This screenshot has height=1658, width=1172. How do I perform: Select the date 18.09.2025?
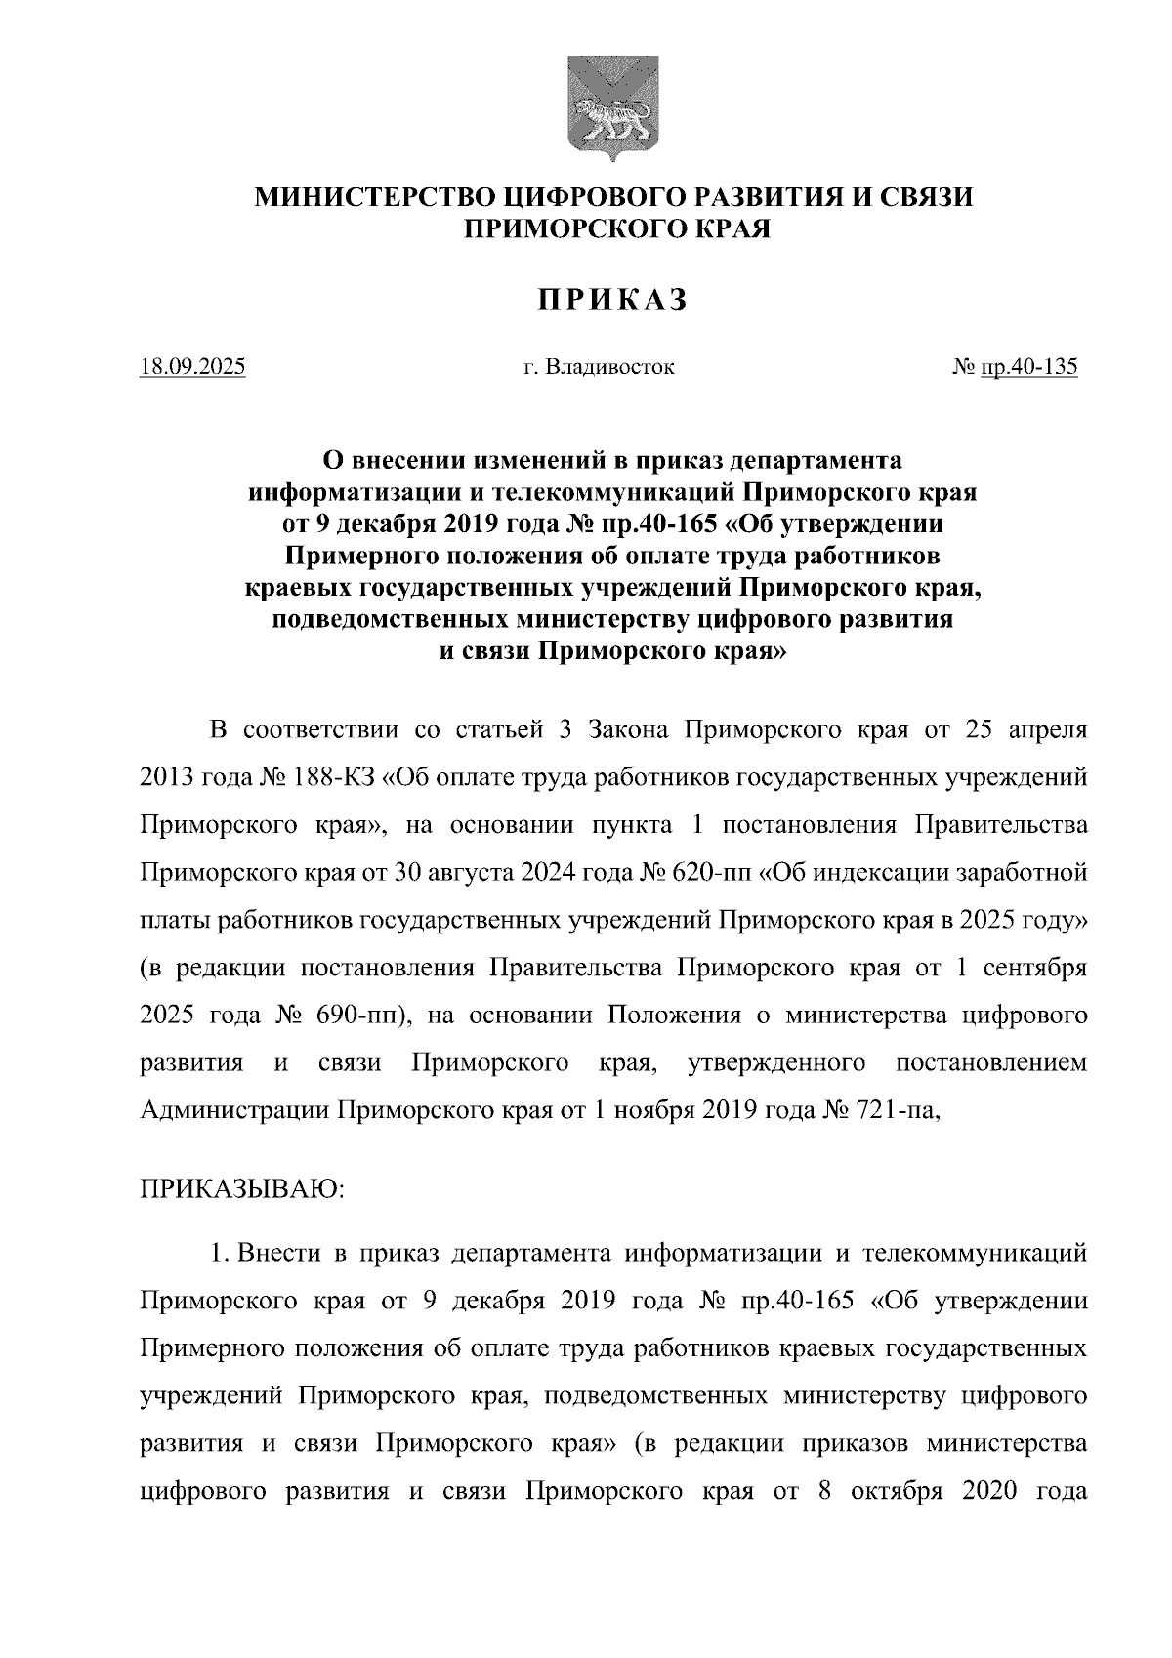[x=193, y=368]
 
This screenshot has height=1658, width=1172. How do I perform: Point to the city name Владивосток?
[x=611, y=368]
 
